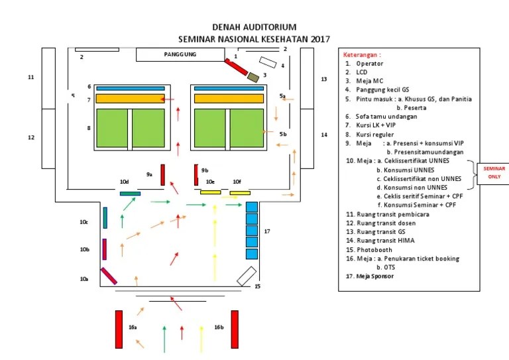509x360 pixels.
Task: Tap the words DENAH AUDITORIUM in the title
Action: [254, 27]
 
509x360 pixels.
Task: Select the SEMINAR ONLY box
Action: [492, 172]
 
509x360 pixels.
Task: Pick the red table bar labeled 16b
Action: [235, 329]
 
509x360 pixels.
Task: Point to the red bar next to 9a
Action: [162, 174]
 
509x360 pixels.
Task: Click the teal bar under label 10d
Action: [130, 194]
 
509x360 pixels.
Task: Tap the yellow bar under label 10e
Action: [210, 192]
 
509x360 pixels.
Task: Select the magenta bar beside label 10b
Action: [105, 249]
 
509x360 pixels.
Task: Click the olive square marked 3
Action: [253, 77]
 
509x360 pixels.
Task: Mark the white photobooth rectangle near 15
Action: [247, 275]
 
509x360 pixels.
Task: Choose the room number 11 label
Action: [30, 78]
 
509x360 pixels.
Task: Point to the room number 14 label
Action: [324, 135]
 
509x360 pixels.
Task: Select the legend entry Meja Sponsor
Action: [374, 276]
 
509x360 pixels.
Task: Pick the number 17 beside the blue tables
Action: [267, 231]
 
